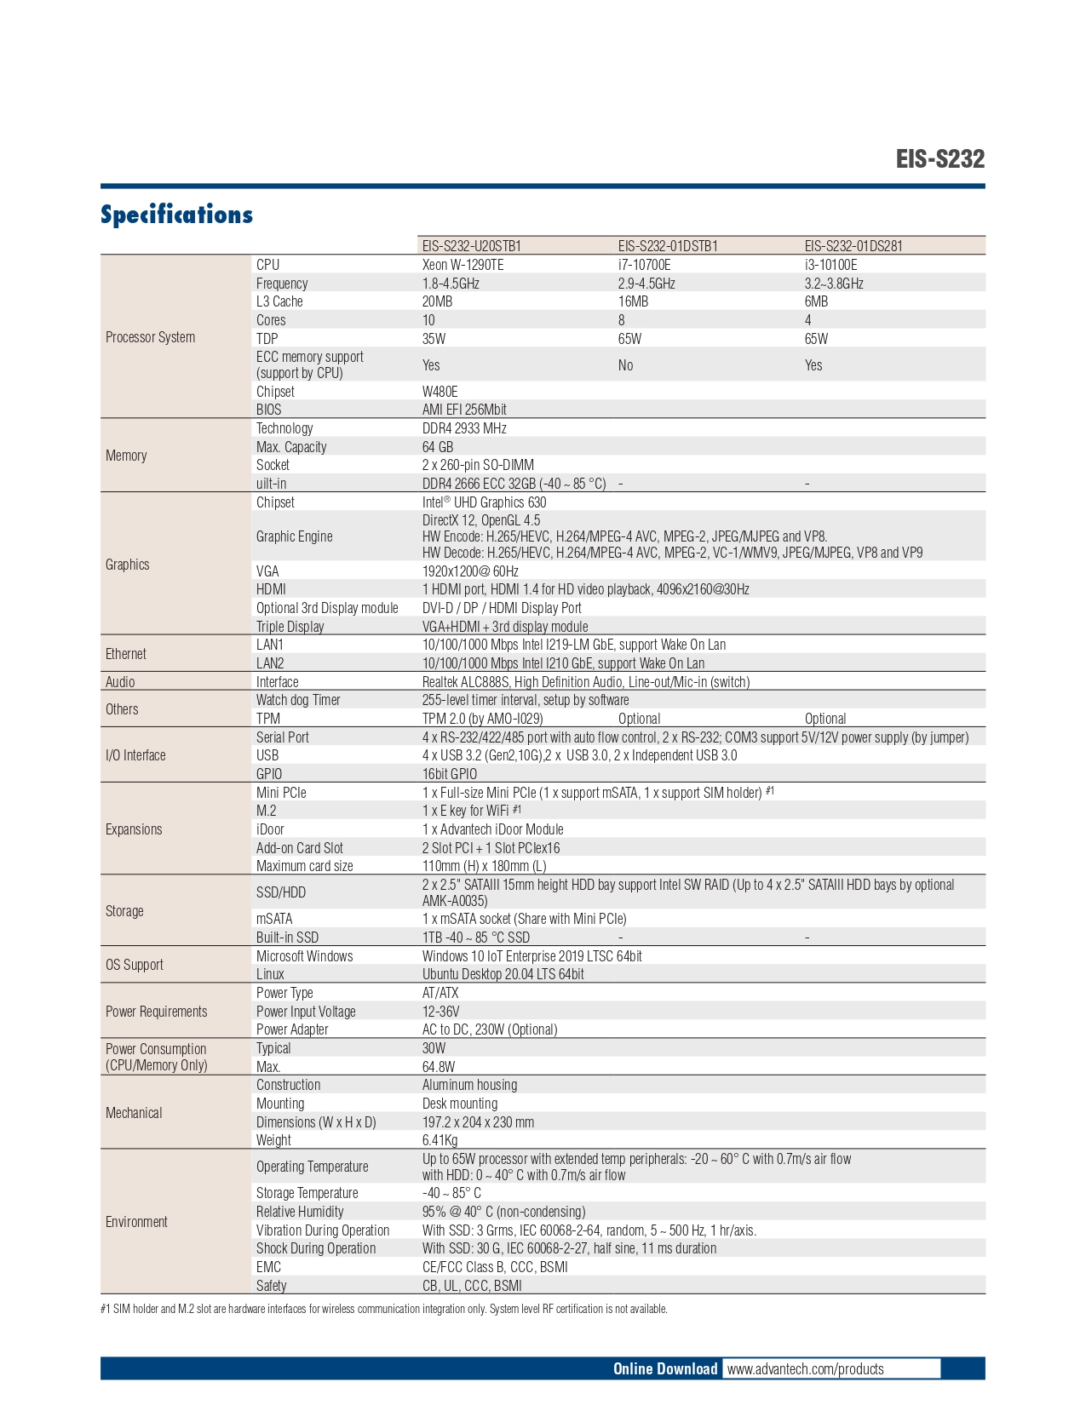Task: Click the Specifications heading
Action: [x=176, y=215]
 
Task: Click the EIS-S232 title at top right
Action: [x=939, y=159]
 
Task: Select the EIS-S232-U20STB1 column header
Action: [x=471, y=246]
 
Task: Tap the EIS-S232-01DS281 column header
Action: [x=853, y=246]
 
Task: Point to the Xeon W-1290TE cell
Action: [x=463, y=265]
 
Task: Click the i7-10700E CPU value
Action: [x=644, y=265]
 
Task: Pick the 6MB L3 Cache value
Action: [x=816, y=301]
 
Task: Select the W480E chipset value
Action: [x=440, y=392]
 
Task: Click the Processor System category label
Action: [x=150, y=337]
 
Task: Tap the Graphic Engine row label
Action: [x=294, y=536]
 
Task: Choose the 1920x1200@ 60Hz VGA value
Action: [x=470, y=571]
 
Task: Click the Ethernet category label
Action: [x=125, y=654]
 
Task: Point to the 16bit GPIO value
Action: [x=450, y=774]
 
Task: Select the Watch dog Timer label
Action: [x=298, y=700]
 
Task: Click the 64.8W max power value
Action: [x=438, y=1067]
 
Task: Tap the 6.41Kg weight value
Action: [x=440, y=1140]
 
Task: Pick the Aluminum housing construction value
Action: [x=469, y=1085]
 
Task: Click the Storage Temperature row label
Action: [x=307, y=1193]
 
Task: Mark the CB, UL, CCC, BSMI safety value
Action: [x=472, y=1286]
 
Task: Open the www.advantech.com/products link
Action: [x=805, y=1369]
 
